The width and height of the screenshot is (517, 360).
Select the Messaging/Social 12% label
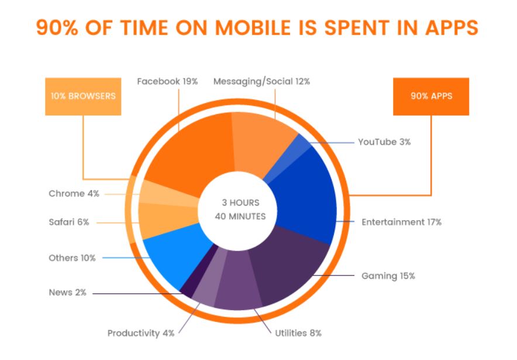coord(261,81)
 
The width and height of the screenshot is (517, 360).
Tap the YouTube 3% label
coord(384,142)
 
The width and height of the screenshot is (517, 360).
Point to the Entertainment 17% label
coord(401,222)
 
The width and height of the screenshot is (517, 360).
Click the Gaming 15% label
coord(388,276)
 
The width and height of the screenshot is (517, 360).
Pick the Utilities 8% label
coord(298,333)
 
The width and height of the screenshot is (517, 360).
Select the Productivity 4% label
coord(141,333)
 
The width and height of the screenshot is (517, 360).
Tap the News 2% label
coord(67,293)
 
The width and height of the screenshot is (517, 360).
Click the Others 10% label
coord(72,258)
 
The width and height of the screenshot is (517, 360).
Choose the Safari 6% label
coord(69,222)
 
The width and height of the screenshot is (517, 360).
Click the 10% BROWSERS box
coord(83,96)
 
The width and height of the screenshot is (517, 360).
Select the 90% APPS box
coord(431,96)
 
